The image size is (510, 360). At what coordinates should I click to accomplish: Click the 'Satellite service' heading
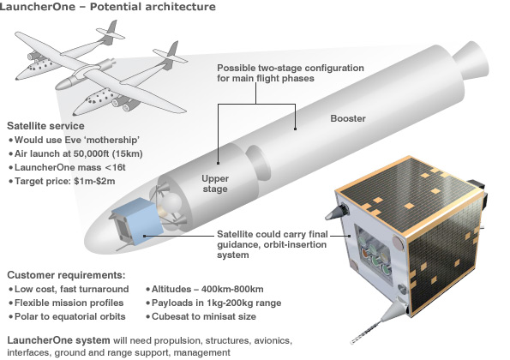pyautogui.click(x=45, y=125)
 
